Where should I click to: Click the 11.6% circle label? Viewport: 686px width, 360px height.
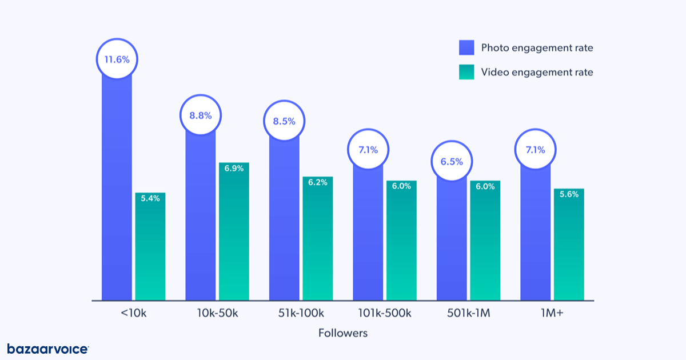point(117,59)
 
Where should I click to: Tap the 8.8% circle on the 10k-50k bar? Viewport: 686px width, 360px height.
point(201,115)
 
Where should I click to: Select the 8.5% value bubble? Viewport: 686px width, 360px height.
point(284,121)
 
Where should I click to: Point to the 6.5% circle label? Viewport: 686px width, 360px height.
point(452,161)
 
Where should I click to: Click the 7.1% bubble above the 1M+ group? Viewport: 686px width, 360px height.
point(535,150)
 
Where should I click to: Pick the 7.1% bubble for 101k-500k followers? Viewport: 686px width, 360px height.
point(368,150)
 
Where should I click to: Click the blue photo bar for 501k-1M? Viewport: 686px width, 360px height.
point(452,240)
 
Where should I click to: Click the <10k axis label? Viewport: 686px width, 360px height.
point(134,313)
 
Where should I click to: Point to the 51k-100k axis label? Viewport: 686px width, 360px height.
point(301,313)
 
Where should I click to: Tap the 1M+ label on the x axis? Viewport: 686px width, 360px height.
point(552,313)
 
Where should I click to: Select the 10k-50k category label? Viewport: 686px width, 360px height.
point(217,313)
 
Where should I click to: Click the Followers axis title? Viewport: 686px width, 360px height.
point(343,333)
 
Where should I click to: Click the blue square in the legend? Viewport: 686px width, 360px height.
point(466,48)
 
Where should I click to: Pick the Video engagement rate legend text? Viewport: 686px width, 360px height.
point(537,72)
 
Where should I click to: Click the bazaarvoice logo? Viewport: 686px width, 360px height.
point(48,349)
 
